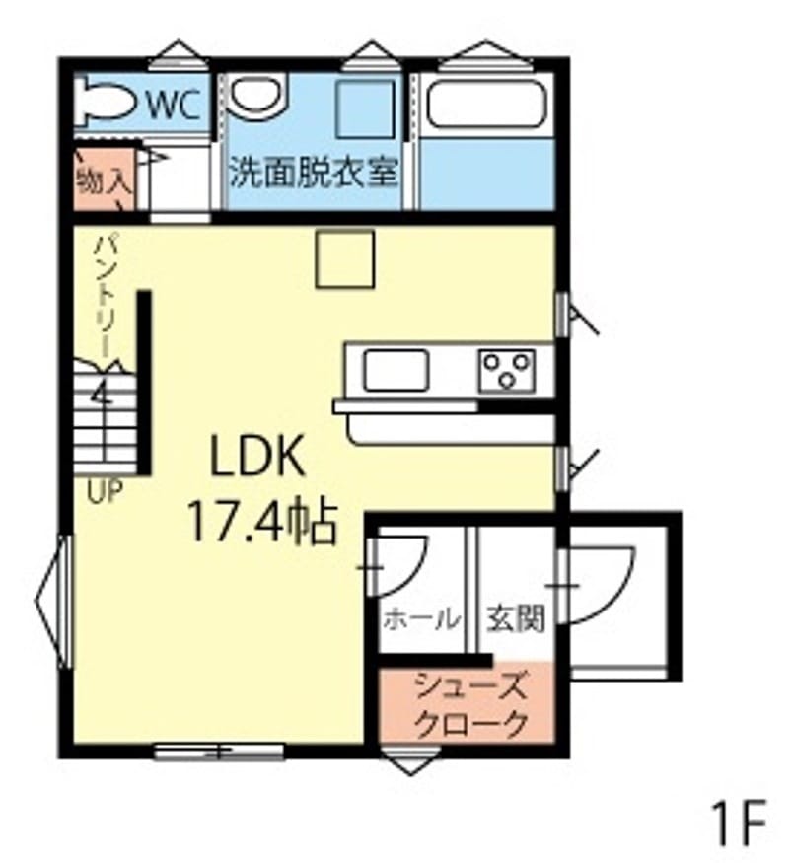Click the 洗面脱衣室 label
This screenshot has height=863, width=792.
(314, 172)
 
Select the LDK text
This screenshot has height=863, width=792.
(257, 456)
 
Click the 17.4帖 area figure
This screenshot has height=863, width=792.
(262, 521)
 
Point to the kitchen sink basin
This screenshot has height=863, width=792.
(396, 371)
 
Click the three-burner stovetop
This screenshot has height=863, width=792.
(506, 371)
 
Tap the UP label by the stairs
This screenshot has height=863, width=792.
(105, 491)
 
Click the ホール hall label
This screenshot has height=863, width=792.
(421, 619)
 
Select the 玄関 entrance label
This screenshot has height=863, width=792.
(516, 618)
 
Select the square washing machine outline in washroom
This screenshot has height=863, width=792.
(366, 109)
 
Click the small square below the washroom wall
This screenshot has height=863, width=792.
(345, 259)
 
